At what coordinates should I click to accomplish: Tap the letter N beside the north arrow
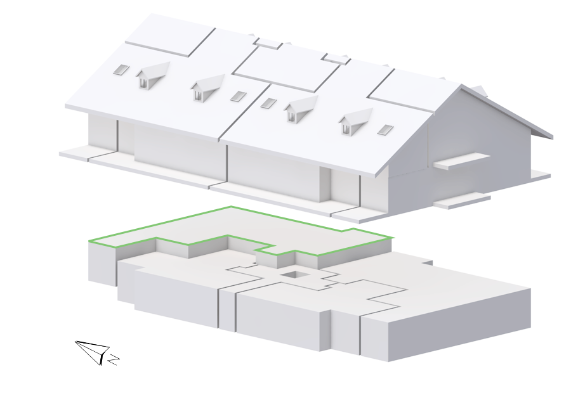pos(114,359)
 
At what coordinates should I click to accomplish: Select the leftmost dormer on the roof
pos(153,75)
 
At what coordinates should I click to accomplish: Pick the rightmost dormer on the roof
pos(355,121)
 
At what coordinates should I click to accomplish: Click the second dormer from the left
pos(207,87)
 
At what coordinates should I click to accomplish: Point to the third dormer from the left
pos(301,108)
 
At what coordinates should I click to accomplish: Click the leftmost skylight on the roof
pos(121,70)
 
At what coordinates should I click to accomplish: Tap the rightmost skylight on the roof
pos(385,129)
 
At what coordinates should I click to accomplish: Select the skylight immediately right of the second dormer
pos(238,96)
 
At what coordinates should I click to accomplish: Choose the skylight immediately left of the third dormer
pos(269,103)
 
